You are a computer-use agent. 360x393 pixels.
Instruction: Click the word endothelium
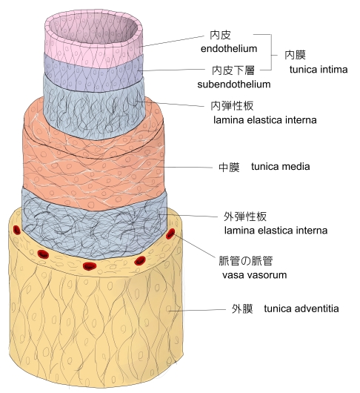click(x=229, y=49)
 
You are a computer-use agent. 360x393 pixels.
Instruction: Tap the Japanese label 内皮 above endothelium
click(x=220, y=35)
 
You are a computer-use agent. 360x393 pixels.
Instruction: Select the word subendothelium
click(x=234, y=85)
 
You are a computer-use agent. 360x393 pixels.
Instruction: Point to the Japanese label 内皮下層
click(x=233, y=70)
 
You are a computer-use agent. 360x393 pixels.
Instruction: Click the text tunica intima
click(x=319, y=70)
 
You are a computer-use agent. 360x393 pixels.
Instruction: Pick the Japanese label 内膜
click(x=295, y=55)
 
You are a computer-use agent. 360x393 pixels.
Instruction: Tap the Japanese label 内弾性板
click(x=232, y=106)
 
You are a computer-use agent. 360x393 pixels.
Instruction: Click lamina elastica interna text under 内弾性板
click(x=265, y=120)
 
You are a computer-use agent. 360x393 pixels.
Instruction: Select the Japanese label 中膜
click(x=229, y=167)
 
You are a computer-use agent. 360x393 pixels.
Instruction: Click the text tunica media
click(x=281, y=166)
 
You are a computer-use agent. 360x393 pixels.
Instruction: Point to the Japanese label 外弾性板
click(x=245, y=217)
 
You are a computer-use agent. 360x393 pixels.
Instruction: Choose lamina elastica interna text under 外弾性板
click(x=276, y=231)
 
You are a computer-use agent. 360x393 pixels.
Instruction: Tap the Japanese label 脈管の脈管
click(x=246, y=261)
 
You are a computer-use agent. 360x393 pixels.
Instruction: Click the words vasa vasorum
click(x=254, y=275)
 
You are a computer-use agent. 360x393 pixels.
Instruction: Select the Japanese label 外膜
click(x=242, y=308)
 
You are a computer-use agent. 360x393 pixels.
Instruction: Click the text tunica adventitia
click(x=301, y=308)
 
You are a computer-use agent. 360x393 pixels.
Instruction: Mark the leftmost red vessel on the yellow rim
click(x=16, y=230)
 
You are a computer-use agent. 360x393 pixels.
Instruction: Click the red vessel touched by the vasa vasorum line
click(x=170, y=234)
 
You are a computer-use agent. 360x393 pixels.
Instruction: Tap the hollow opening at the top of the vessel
click(x=93, y=29)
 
